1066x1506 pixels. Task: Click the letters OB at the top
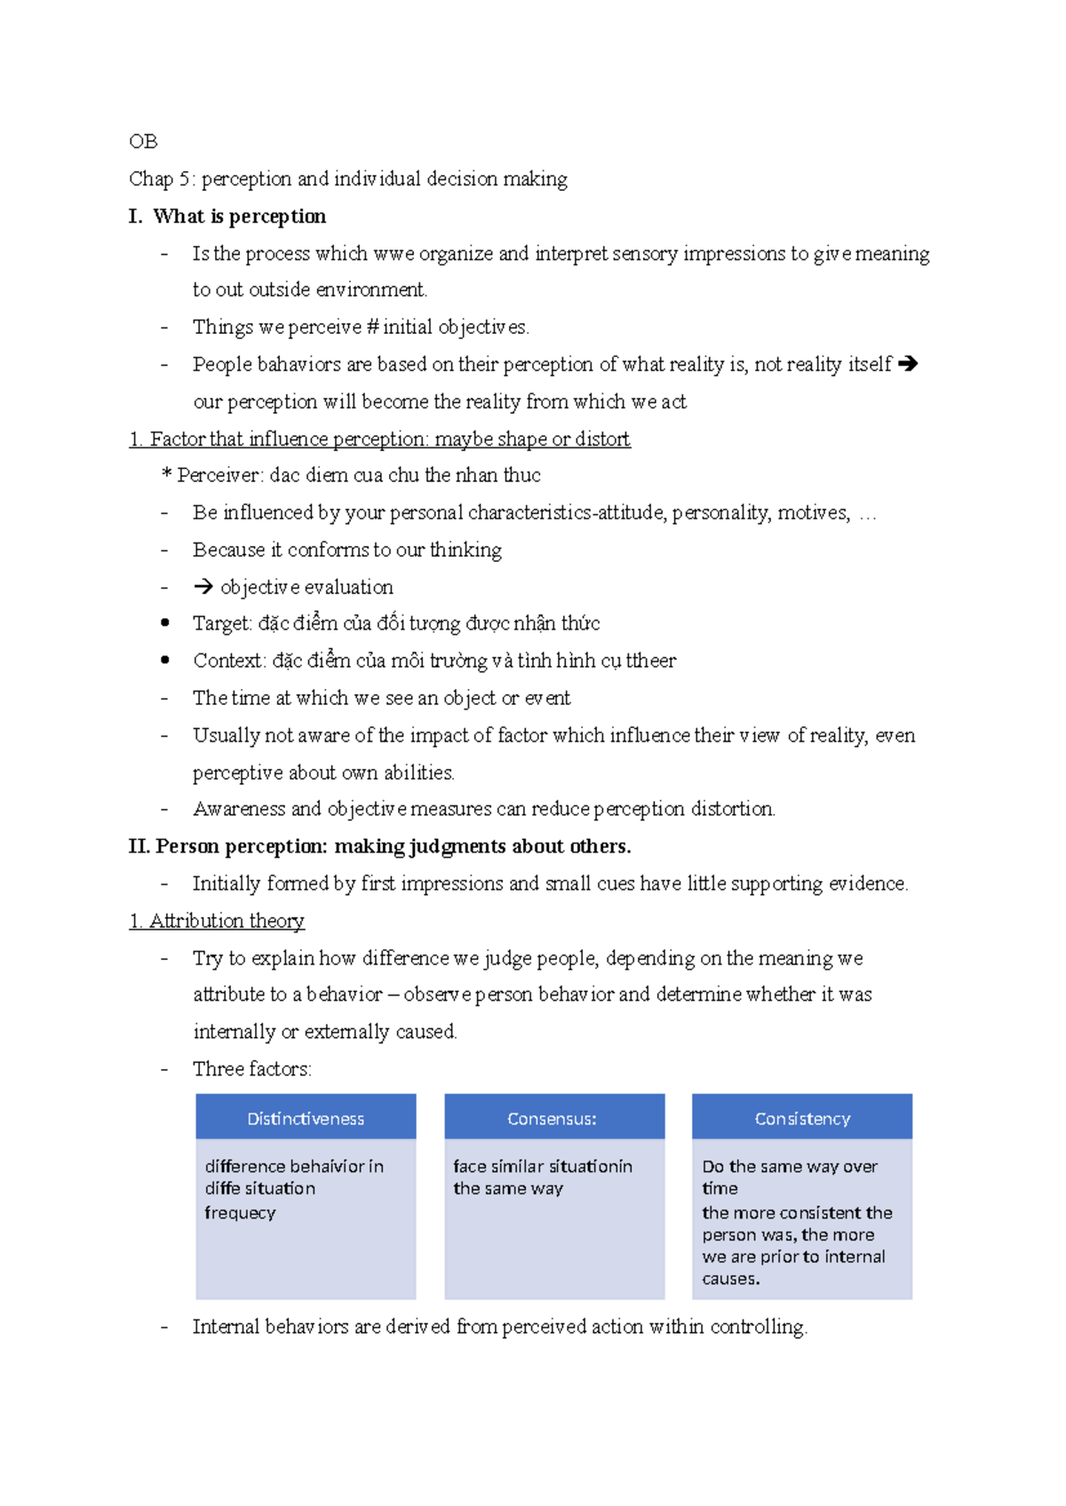(x=143, y=141)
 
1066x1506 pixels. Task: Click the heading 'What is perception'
(x=239, y=217)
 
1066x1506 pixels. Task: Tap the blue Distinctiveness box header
(x=306, y=1118)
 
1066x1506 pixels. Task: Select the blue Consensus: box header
(x=553, y=1118)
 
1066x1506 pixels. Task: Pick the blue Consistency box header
(x=802, y=1118)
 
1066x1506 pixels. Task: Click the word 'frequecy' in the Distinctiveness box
(x=240, y=1213)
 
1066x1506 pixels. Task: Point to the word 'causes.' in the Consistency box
(x=730, y=1280)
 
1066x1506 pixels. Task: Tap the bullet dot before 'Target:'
(x=165, y=623)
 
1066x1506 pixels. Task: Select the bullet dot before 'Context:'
(x=165, y=661)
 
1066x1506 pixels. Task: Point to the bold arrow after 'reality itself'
(x=908, y=364)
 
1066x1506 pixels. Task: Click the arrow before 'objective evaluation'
(x=203, y=587)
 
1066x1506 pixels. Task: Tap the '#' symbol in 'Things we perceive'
(x=371, y=328)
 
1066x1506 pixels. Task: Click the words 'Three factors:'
(x=252, y=1069)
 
